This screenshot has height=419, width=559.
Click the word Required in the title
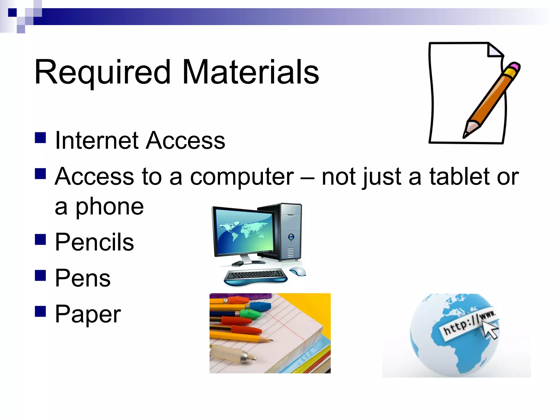(102, 72)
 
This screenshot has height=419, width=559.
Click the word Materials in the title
(250, 72)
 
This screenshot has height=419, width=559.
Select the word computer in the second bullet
(242, 177)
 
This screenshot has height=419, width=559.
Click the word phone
(109, 207)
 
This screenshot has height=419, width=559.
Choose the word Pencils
(94, 242)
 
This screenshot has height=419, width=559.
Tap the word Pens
(83, 278)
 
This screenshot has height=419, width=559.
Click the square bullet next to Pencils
(40, 239)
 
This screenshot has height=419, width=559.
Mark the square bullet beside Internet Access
(40, 138)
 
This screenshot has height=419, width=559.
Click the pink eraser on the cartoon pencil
(514, 67)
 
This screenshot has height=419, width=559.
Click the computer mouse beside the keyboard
(298, 271)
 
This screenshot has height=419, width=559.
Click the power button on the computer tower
(291, 237)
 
